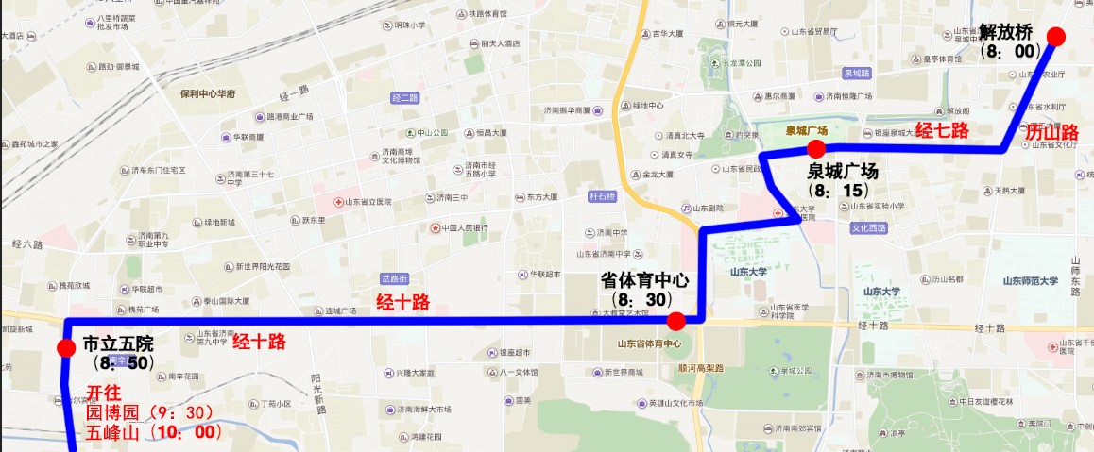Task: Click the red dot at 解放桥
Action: click(1056, 37)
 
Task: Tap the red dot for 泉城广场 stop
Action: click(816, 148)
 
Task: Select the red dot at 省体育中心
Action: click(675, 321)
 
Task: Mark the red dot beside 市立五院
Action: click(66, 349)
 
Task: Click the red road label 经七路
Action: click(942, 131)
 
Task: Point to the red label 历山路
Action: click(1051, 133)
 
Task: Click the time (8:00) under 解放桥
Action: click(1010, 51)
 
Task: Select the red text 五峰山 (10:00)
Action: click(154, 433)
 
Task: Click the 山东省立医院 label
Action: click(371, 202)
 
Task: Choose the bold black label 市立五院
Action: click(117, 342)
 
